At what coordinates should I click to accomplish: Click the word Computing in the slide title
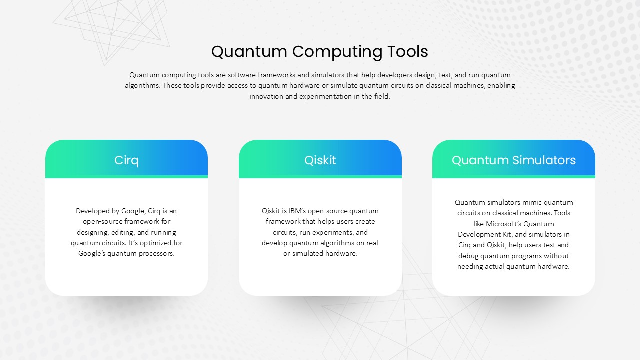337,52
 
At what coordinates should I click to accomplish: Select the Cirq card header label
126,160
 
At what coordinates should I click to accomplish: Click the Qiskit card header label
320,160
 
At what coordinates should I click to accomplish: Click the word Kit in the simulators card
507,234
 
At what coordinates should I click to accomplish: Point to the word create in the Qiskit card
365,221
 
